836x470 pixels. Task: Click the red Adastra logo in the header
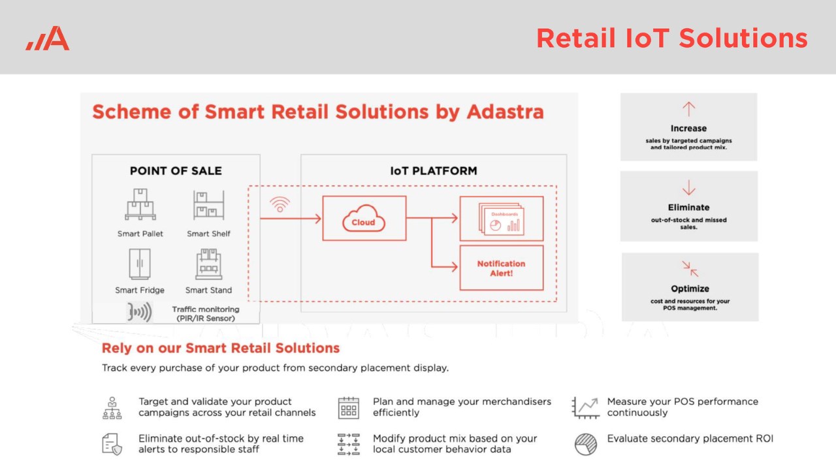point(48,38)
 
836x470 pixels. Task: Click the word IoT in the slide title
point(647,39)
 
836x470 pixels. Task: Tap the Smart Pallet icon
point(140,204)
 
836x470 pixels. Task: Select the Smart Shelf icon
point(208,205)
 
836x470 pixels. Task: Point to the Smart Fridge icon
point(140,264)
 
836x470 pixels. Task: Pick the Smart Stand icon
point(208,264)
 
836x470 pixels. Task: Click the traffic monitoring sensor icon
point(140,312)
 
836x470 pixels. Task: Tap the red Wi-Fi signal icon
point(280,204)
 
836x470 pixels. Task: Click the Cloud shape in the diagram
point(364,218)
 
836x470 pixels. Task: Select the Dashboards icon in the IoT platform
point(501,219)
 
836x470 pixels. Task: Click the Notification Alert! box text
point(501,268)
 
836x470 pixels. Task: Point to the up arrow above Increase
point(688,109)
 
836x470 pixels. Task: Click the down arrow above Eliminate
point(688,187)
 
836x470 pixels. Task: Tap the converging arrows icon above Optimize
point(690,268)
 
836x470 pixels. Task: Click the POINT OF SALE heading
point(176,171)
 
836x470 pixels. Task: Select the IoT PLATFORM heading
point(434,171)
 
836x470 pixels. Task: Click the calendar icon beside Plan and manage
point(349,408)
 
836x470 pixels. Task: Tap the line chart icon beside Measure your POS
point(586,408)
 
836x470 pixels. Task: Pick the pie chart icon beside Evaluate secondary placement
point(586,445)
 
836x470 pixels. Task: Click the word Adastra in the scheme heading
point(506,112)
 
